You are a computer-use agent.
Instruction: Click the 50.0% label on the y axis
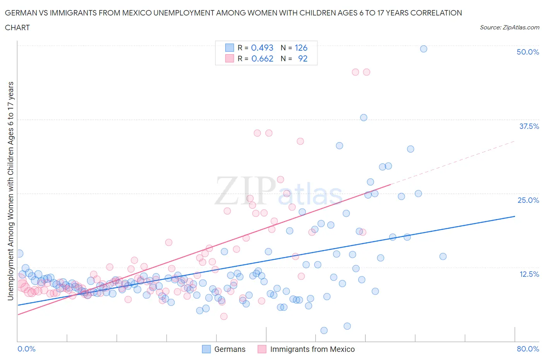click(528, 52)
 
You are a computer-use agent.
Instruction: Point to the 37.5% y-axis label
click(529, 126)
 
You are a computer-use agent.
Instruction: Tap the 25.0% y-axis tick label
click(528, 200)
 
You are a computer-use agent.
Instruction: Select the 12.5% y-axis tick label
click(529, 274)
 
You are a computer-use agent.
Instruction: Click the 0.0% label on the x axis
click(27, 349)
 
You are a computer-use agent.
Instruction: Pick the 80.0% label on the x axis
click(528, 349)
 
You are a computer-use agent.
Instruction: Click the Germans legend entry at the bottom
click(229, 349)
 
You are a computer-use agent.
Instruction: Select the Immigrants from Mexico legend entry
click(312, 349)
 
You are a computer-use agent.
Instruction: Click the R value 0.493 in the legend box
click(262, 48)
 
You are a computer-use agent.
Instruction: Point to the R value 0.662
click(262, 58)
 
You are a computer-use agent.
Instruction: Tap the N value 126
click(301, 48)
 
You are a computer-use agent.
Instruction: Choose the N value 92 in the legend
click(303, 58)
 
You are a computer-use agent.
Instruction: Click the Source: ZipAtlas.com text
click(509, 27)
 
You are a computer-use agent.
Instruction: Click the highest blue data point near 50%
click(423, 49)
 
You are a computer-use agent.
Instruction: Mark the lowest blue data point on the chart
click(324, 330)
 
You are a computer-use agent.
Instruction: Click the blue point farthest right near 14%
click(443, 256)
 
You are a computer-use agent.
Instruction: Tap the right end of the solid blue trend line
click(515, 216)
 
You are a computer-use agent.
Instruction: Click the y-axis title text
click(10, 191)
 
